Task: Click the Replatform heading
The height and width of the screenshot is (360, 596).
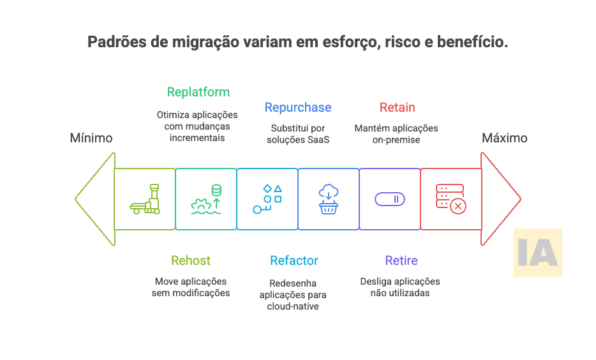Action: coord(198,92)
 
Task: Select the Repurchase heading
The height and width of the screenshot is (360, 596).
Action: coord(298,107)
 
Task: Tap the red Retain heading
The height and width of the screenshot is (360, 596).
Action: coord(397,107)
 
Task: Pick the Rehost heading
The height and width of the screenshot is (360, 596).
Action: coord(190,260)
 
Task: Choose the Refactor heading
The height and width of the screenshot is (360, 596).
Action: coord(294,260)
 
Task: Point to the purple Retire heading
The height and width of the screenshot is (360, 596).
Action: coord(401,260)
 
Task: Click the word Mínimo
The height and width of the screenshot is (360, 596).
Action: coord(91,138)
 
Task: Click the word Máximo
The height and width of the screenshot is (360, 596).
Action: coord(504,138)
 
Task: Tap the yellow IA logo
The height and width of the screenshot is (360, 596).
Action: coord(537,253)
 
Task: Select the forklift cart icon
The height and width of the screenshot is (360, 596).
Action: coord(145,199)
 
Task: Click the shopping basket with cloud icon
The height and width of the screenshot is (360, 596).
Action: coord(329,199)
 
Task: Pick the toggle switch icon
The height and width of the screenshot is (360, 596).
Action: coord(390,199)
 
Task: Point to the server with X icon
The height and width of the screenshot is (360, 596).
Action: coord(451,199)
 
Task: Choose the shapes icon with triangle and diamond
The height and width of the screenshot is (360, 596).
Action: coord(267,199)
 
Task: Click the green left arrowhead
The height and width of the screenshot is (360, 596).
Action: coord(93,199)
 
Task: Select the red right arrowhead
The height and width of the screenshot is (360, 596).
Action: coord(502,199)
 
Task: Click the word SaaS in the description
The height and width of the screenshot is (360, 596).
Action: coord(317,140)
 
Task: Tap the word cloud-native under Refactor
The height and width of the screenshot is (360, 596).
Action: coord(293,306)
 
